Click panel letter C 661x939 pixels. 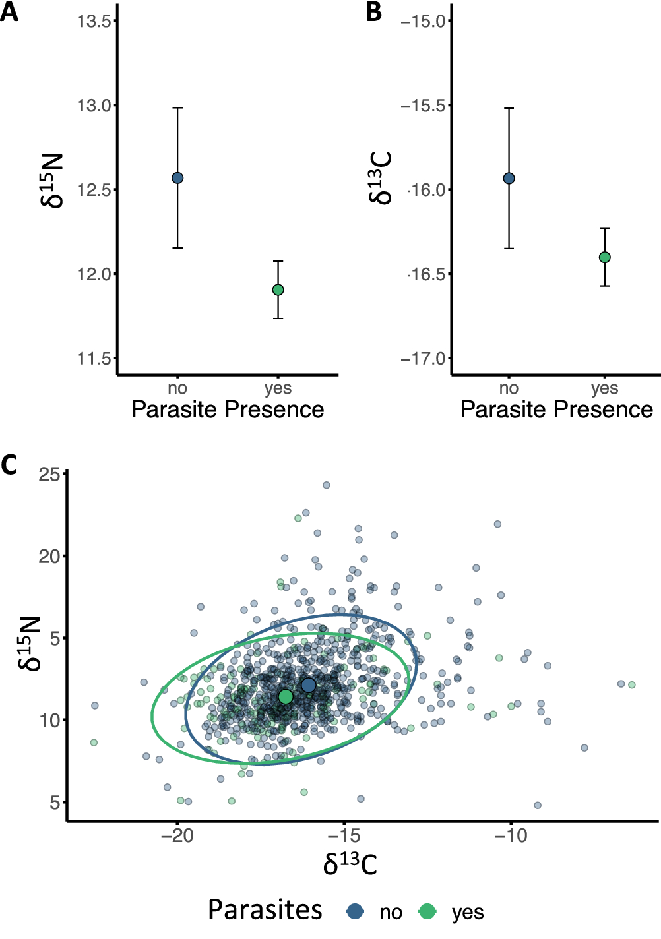pyautogui.click(x=9, y=465)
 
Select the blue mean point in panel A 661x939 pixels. pyautogui.click(x=177, y=178)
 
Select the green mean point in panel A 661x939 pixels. pyautogui.click(x=278, y=289)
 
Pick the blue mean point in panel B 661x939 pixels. pyautogui.click(x=509, y=178)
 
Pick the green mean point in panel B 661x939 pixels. pyautogui.click(x=604, y=257)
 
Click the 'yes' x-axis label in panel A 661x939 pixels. pyautogui.click(x=278, y=388)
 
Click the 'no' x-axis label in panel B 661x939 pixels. pyautogui.click(x=509, y=388)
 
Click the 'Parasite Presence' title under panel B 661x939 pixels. pyautogui.click(x=556, y=409)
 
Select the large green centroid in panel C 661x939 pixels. pyautogui.click(x=285, y=696)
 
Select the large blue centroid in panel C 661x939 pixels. pyautogui.click(x=308, y=685)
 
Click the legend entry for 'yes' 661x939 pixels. pyautogui.click(x=467, y=912)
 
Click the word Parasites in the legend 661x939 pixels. pyautogui.click(x=265, y=910)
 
